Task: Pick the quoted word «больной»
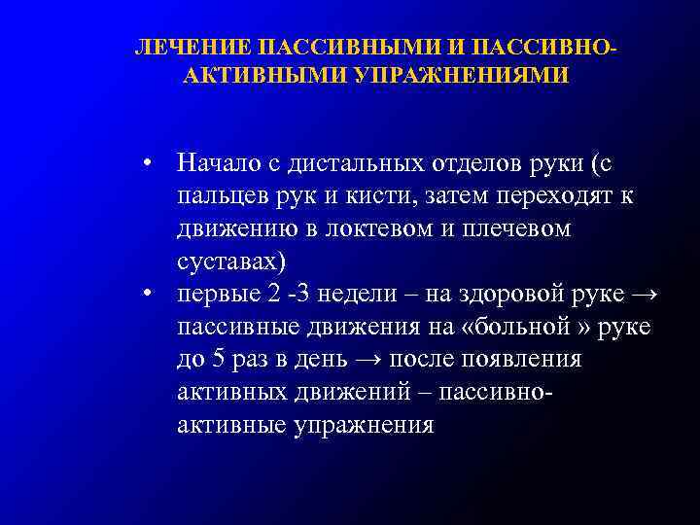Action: (x=532, y=327)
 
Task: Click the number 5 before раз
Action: (x=219, y=360)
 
